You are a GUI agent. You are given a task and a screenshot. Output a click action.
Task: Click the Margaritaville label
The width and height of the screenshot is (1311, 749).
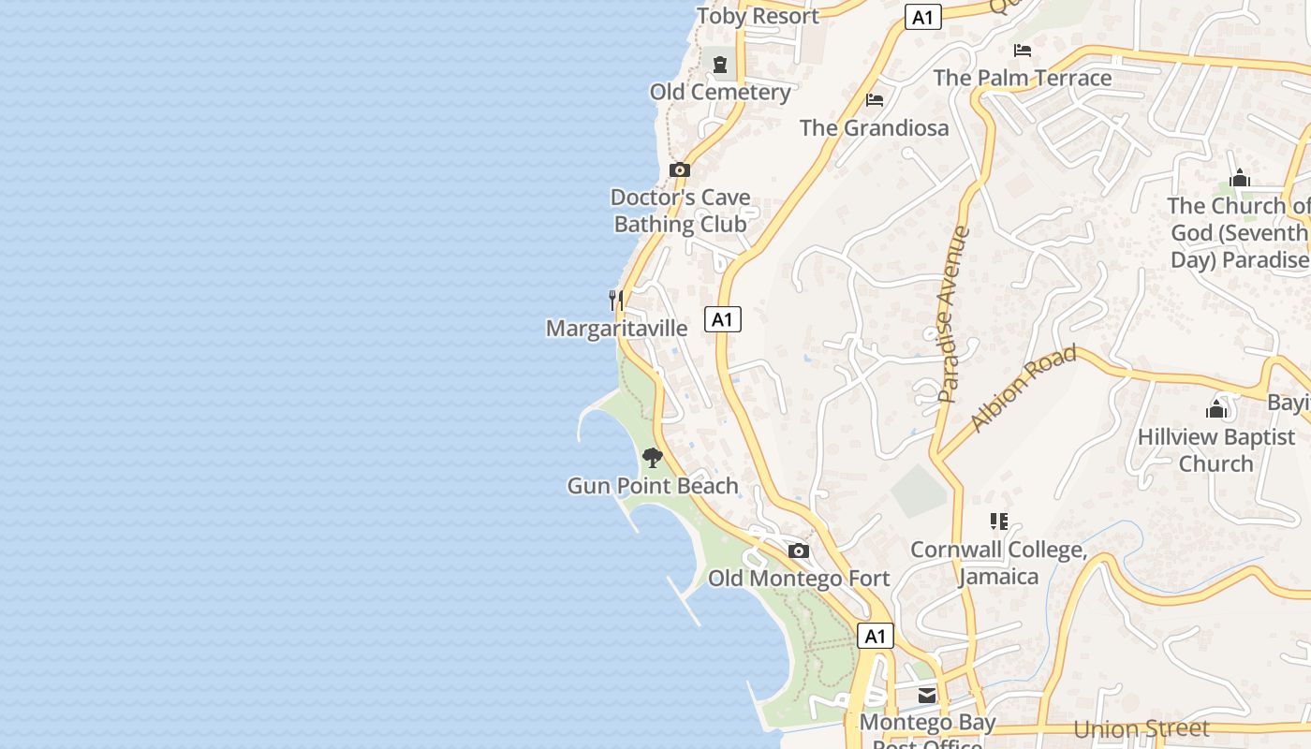click(x=616, y=329)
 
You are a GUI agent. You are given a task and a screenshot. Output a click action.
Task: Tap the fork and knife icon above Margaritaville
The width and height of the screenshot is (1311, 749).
click(x=616, y=300)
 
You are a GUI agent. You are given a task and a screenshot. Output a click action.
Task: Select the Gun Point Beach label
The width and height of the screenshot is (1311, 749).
click(x=653, y=486)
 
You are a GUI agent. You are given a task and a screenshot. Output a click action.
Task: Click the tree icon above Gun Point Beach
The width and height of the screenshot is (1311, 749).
click(x=653, y=458)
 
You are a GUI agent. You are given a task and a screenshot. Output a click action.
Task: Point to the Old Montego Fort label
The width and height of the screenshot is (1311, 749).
click(x=799, y=579)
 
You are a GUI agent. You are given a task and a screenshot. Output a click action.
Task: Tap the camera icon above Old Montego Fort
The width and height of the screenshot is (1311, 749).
click(x=799, y=551)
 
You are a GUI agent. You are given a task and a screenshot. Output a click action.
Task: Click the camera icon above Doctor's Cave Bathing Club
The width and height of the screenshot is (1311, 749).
click(x=680, y=169)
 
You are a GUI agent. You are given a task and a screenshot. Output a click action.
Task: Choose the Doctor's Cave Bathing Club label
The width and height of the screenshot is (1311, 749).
click(x=681, y=211)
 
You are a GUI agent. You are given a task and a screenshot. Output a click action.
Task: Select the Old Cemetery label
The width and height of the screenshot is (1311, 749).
click(x=720, y=92)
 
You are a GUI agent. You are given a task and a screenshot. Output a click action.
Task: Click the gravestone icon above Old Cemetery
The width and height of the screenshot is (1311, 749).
click(x=720, y=65)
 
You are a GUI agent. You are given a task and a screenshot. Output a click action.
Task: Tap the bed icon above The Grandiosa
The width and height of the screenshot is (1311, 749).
click(x=875, y=100)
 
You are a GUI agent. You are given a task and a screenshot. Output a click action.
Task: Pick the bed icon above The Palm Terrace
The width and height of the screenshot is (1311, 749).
click(x=1023, y=51)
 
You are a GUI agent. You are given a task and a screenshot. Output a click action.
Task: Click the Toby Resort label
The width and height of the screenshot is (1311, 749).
click(x=758, y=16)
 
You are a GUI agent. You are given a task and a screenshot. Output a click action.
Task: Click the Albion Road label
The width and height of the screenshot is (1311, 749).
click(x=1024, y=389)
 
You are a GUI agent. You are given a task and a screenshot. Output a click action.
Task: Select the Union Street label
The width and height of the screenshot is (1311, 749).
click(x=1141, y=729)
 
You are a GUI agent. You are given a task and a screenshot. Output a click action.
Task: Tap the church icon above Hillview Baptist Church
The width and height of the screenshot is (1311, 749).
click(x=1216, y=408)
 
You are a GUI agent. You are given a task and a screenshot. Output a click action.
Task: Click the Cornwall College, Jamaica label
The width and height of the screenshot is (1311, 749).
click(x=998, y=563)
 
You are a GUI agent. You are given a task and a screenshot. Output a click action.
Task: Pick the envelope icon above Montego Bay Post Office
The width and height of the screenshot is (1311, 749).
click(x=927, y=695)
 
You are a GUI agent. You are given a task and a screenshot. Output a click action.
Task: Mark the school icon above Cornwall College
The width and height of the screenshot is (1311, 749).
click(x=998, y=521)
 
